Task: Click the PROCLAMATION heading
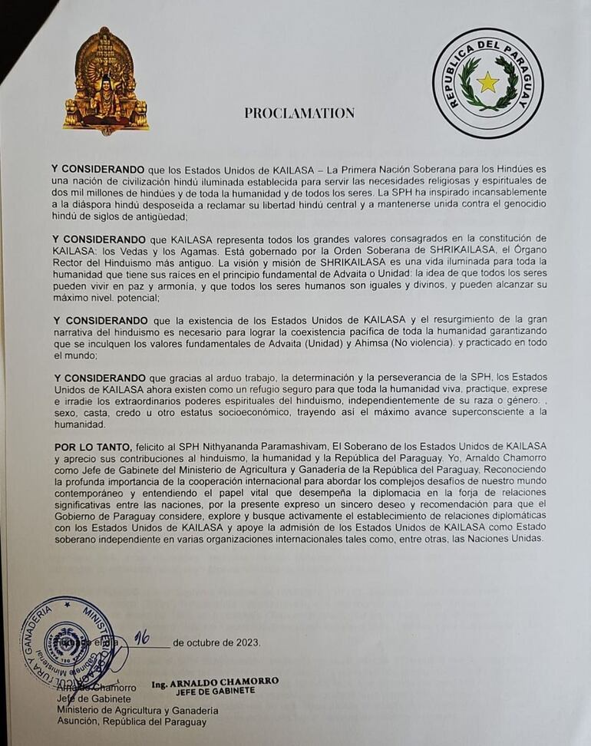coord(299,113)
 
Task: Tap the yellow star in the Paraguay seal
coord(487,81)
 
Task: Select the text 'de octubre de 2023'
coord(216,643)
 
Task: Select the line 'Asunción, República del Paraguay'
coord(131,721)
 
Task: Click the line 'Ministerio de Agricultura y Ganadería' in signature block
coord(137,710)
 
